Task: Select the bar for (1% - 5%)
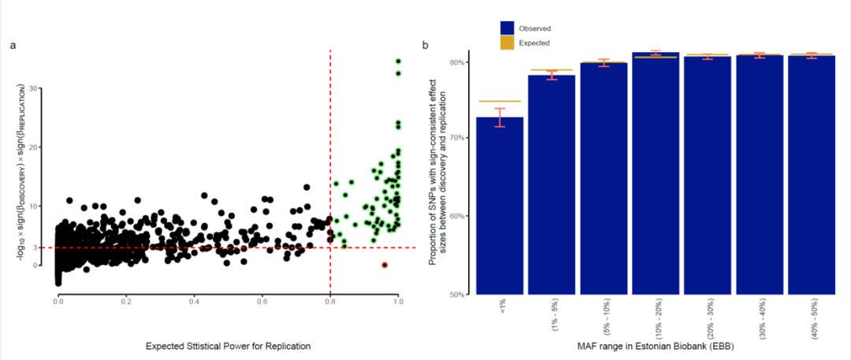(x=551, y=186)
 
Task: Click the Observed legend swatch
(x=509, y=29)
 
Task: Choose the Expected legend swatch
(x=509, y=43)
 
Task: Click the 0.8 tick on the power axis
(x=330, y=302)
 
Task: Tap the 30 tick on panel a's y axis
(x=34, y=87)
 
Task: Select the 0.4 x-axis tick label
(x=194, y=302)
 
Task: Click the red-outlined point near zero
(x=385, y=265)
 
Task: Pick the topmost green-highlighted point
(x=399, y=61)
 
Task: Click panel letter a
(x=13, y=45)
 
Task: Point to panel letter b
(x=426, y=45)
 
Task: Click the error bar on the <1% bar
(x=499, y=117)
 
